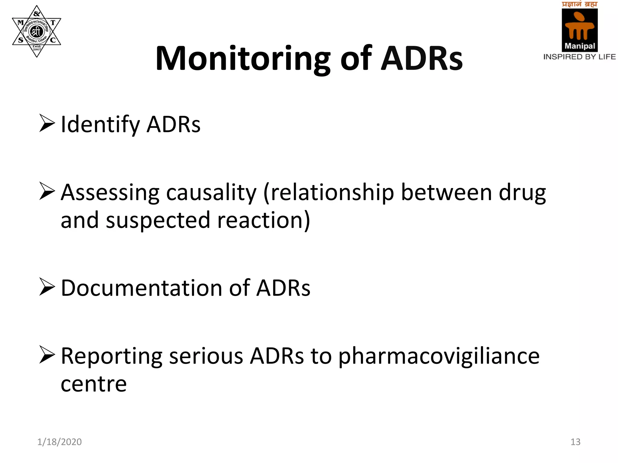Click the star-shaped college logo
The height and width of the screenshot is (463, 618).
tap(37, 31)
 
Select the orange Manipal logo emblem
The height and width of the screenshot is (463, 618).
tap(579, 27)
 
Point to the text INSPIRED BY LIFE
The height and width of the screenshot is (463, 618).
tap(579, 57)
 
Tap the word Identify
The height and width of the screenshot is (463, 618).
tap(100, 124)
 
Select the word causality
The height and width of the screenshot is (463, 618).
tap(211, 193)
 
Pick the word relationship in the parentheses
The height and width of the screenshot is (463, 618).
tap(332, 193)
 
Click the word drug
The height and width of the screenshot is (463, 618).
tap(522, 193)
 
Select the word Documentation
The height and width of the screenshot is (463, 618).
tap(142, 288)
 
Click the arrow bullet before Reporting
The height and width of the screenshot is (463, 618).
tap(47, 355)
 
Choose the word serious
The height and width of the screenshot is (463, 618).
tap(206, 356)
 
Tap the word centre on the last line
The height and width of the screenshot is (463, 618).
tap(94, 384)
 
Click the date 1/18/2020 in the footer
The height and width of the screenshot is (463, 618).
tap(59, 442)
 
